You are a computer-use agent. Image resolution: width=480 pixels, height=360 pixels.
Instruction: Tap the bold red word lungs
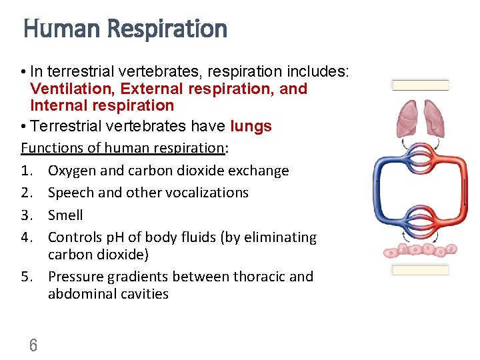coord(251,127)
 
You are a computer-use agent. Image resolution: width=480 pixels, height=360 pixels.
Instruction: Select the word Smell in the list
coord(65,215)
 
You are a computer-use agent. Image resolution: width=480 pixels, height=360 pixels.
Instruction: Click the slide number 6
coord(33,345)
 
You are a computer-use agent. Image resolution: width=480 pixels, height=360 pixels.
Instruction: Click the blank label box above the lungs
coord(421,85)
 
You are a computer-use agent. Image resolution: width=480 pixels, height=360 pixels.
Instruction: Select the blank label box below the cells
coord(421,270)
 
